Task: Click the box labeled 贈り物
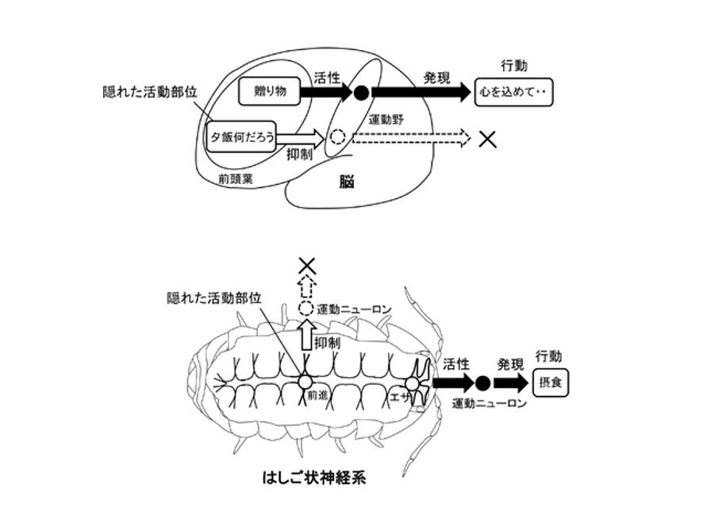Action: coord(271,93)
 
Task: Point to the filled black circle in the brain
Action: coord(360,93)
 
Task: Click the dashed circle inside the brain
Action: coord(338,137)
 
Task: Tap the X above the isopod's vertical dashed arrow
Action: coord(306,266)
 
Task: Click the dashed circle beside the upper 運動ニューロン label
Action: coord(306,309)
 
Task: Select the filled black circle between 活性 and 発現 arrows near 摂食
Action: coord(482,384)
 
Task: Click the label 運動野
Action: coord(387,120)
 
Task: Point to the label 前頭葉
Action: coord(235,179)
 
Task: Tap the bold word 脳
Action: coord(347,182)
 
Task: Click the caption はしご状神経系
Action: coord(315,478)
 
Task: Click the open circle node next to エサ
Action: coord(412,384)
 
